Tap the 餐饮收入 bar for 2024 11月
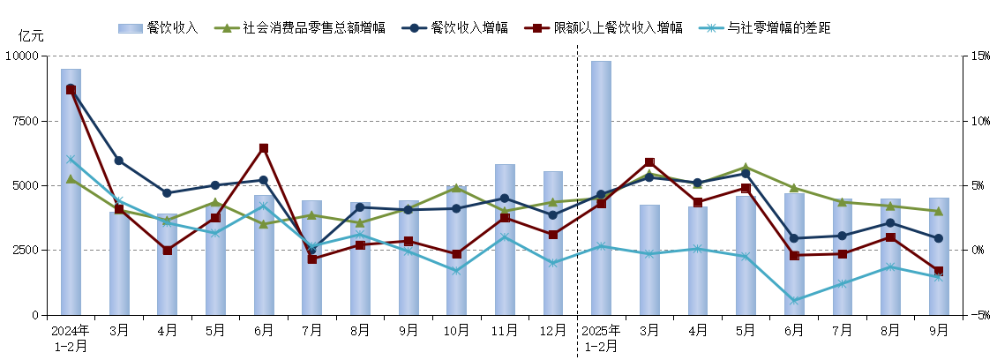pyautogui.click(x=505, y=239)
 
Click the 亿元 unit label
pyautogui.click(x=31, y=36)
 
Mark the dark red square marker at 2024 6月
pyautogui.click(x=263, y=148)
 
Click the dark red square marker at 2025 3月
pyautogui.click(x=649, y=162)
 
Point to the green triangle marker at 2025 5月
pyautogui.click(x=746, y=168)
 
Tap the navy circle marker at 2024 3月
pyautogui.click(x=118, y=161)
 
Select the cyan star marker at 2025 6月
pyautogui.click(x=794, y=301)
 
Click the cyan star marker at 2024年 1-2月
pyautogui.click(x=71, y=160)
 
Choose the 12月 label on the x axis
pyautogui.click(x=552, y=330)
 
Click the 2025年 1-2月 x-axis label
pyautogui.click(x=601, y=337)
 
